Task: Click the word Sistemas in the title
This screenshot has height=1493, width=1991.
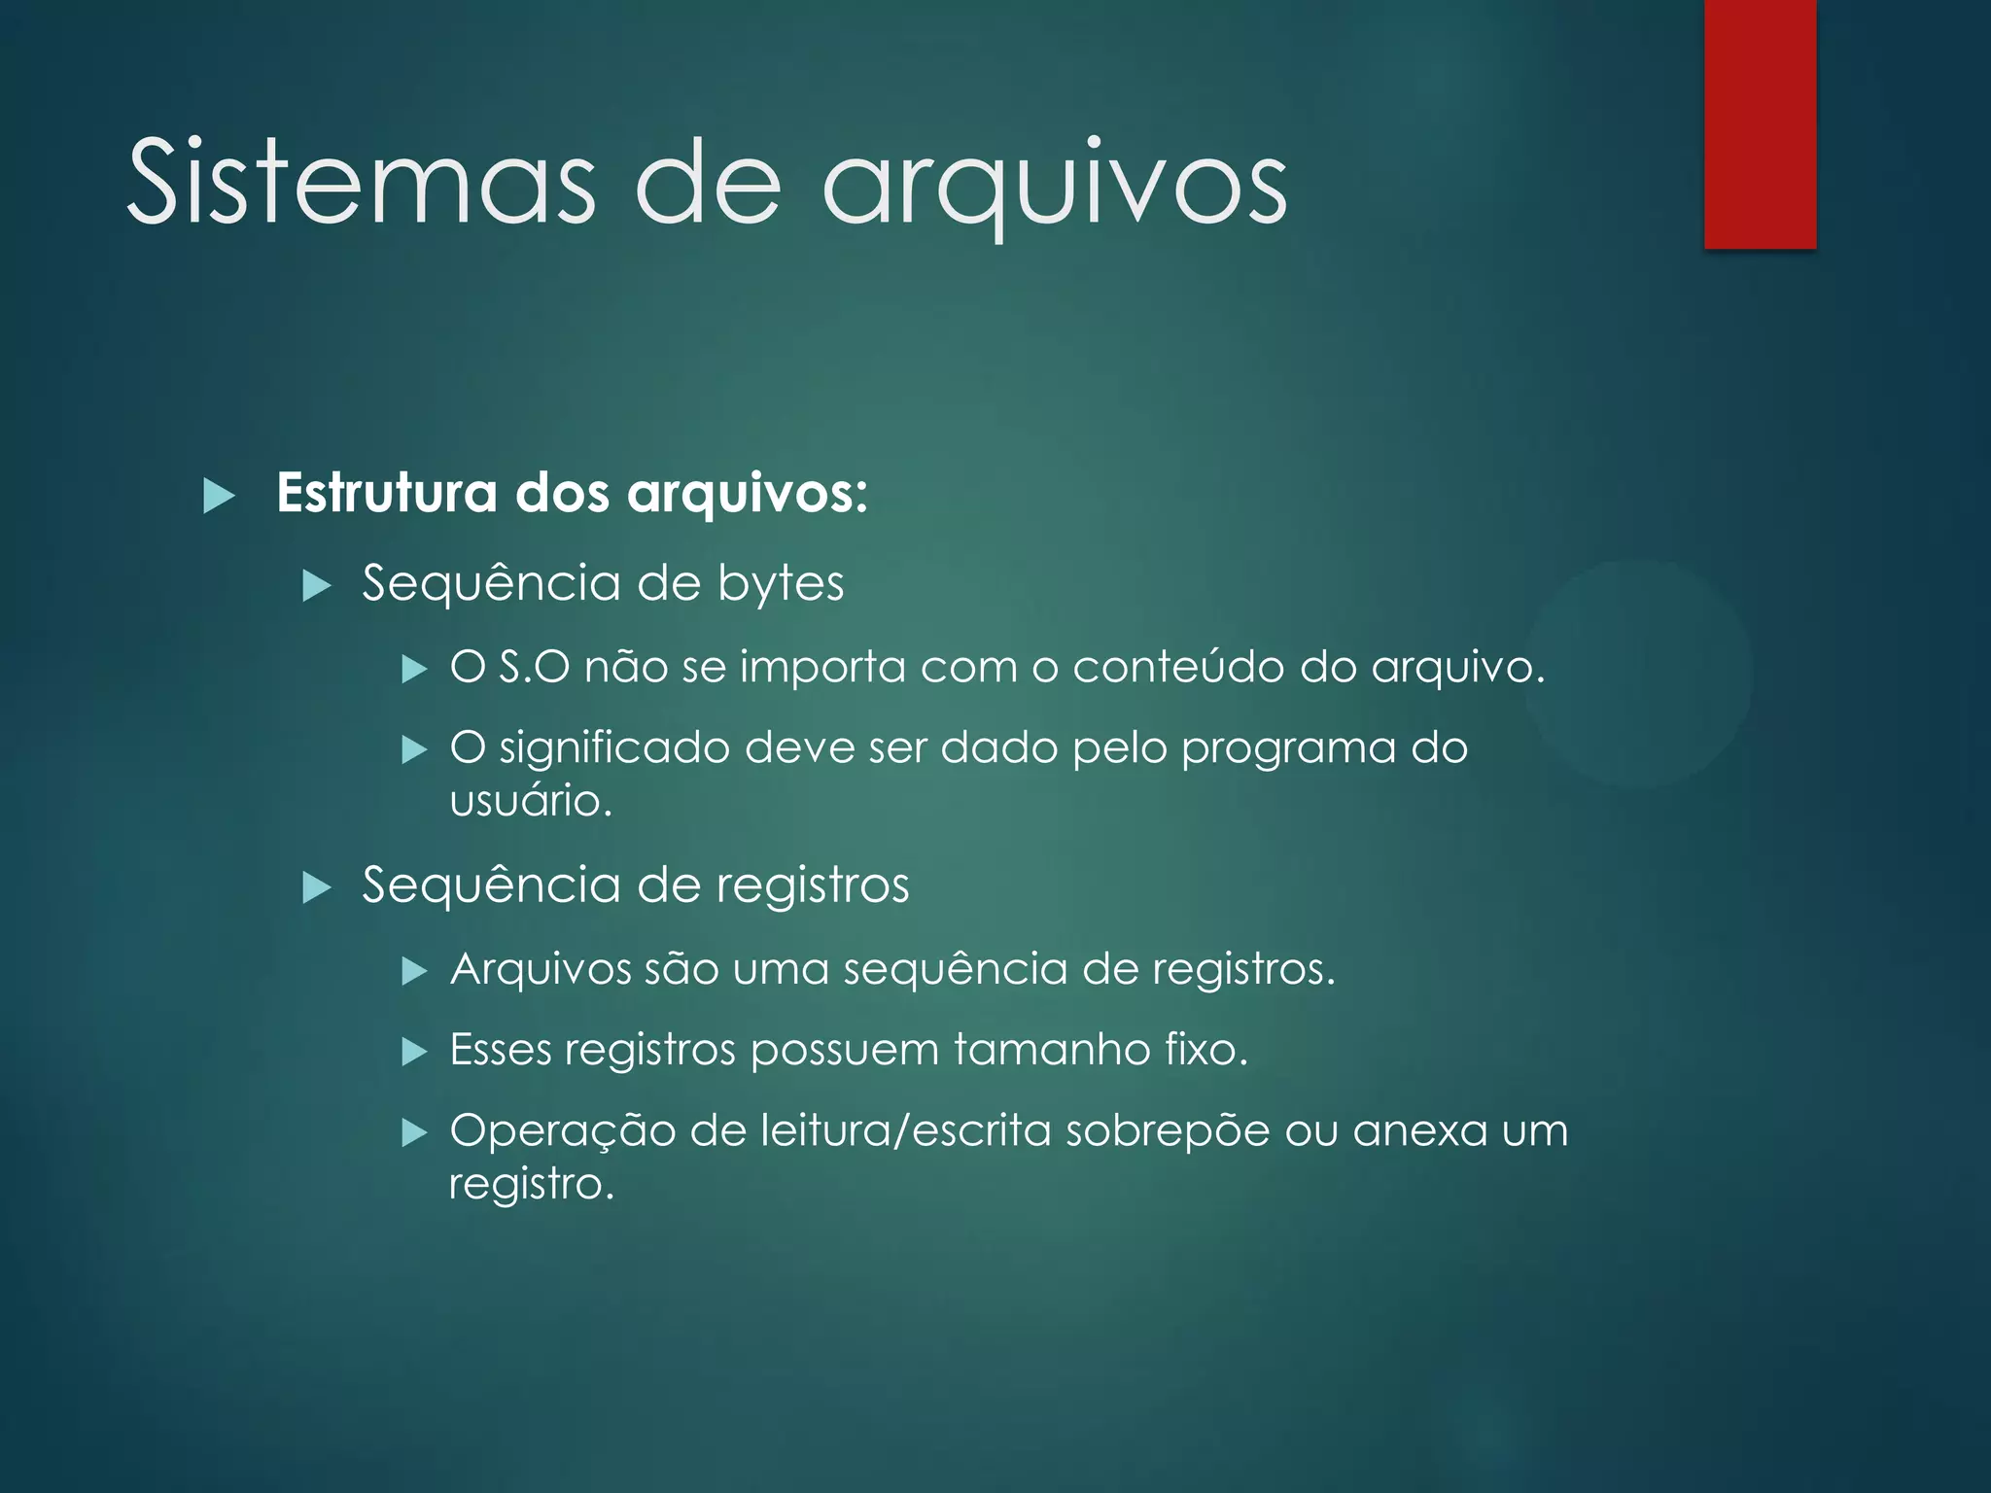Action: coord(360,183)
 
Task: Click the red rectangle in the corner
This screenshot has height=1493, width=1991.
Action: coord(1760,124)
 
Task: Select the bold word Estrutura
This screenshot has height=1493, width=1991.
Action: coord(387,493)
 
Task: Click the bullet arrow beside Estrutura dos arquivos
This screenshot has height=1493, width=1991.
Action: coord(220,496)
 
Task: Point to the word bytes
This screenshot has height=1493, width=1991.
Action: coord(781,583)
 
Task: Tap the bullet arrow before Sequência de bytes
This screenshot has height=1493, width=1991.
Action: coord(317,586)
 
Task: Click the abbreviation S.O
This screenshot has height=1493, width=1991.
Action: coord(534,667)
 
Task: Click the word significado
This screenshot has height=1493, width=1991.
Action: coord(614,748)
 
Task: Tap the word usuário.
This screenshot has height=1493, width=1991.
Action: coord(530,801)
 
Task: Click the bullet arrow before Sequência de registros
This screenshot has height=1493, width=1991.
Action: coord(317,887)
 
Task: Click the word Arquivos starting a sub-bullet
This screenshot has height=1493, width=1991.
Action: coord(541,969)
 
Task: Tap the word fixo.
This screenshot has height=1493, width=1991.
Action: coord(1205,1050)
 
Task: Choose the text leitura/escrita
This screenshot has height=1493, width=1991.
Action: coord(905,1131)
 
